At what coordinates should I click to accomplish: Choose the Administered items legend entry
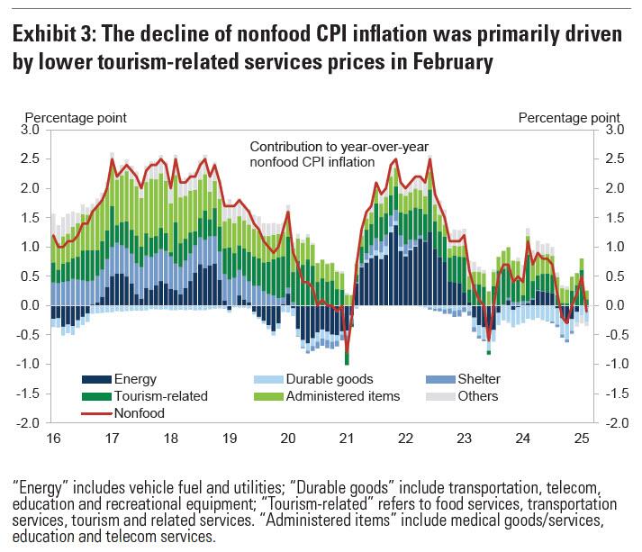(343, 395)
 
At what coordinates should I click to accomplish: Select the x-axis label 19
(229, 439)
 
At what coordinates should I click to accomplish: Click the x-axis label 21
(347, 439)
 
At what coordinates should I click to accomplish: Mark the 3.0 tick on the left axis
(31, 130)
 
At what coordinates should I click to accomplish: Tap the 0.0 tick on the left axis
(31, 305)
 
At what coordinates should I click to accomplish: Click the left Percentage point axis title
(75, 117)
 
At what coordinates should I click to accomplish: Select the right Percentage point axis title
(569, 117)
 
